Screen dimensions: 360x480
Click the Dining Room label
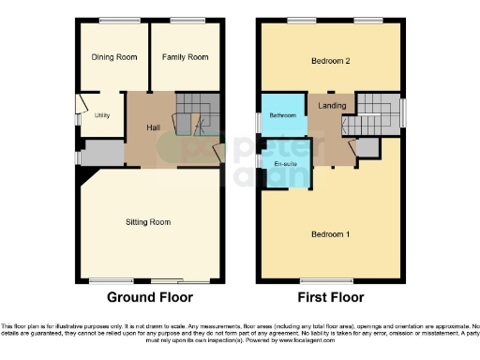point(114,58)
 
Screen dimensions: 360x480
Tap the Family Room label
point(185,58)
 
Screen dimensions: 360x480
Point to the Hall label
point(155,127)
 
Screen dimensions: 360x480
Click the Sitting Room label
point(148,222)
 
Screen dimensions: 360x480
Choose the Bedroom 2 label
point(331,62)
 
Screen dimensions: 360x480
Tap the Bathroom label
point(282,115)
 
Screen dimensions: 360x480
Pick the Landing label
point(330,106)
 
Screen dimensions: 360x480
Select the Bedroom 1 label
point(331,233)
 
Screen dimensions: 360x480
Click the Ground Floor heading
point(149,297)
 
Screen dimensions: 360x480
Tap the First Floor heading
point(330,297)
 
